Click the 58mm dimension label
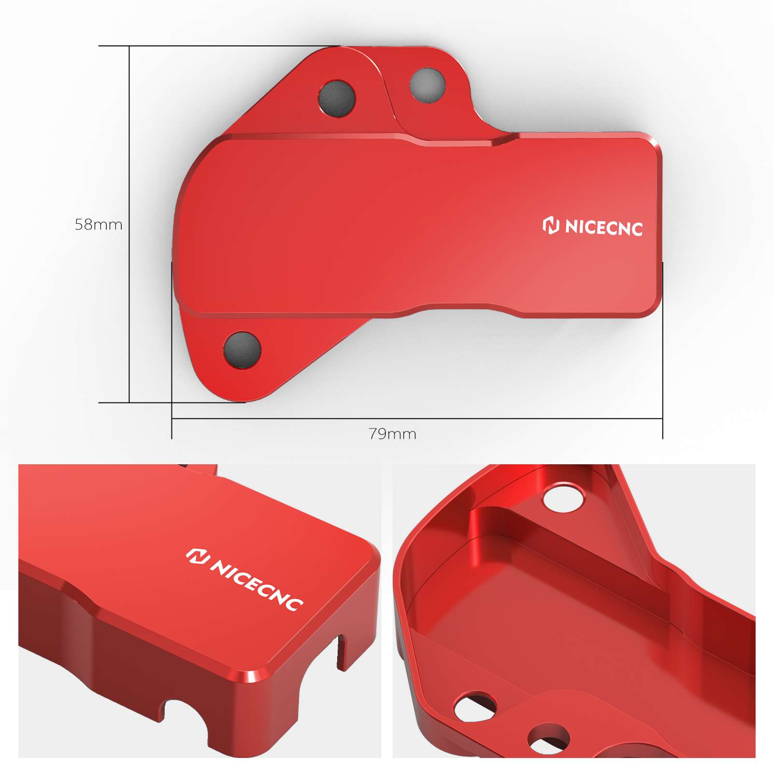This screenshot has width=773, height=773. click(x=99, y=225)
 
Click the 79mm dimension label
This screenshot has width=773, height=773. click(x=392, y=434)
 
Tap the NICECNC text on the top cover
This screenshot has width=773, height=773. click(x=603, y=228)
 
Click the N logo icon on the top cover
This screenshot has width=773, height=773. click(x=551, y=225)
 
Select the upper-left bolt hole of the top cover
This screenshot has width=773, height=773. click(x=337, y=98)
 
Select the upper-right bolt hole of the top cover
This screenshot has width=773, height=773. click(x=427, y=85)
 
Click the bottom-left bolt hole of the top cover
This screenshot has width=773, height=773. click(x=243, y=350)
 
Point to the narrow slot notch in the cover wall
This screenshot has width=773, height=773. click(x=342, y=652)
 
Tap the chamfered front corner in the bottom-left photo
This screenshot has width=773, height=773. click(x=251, y=676)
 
